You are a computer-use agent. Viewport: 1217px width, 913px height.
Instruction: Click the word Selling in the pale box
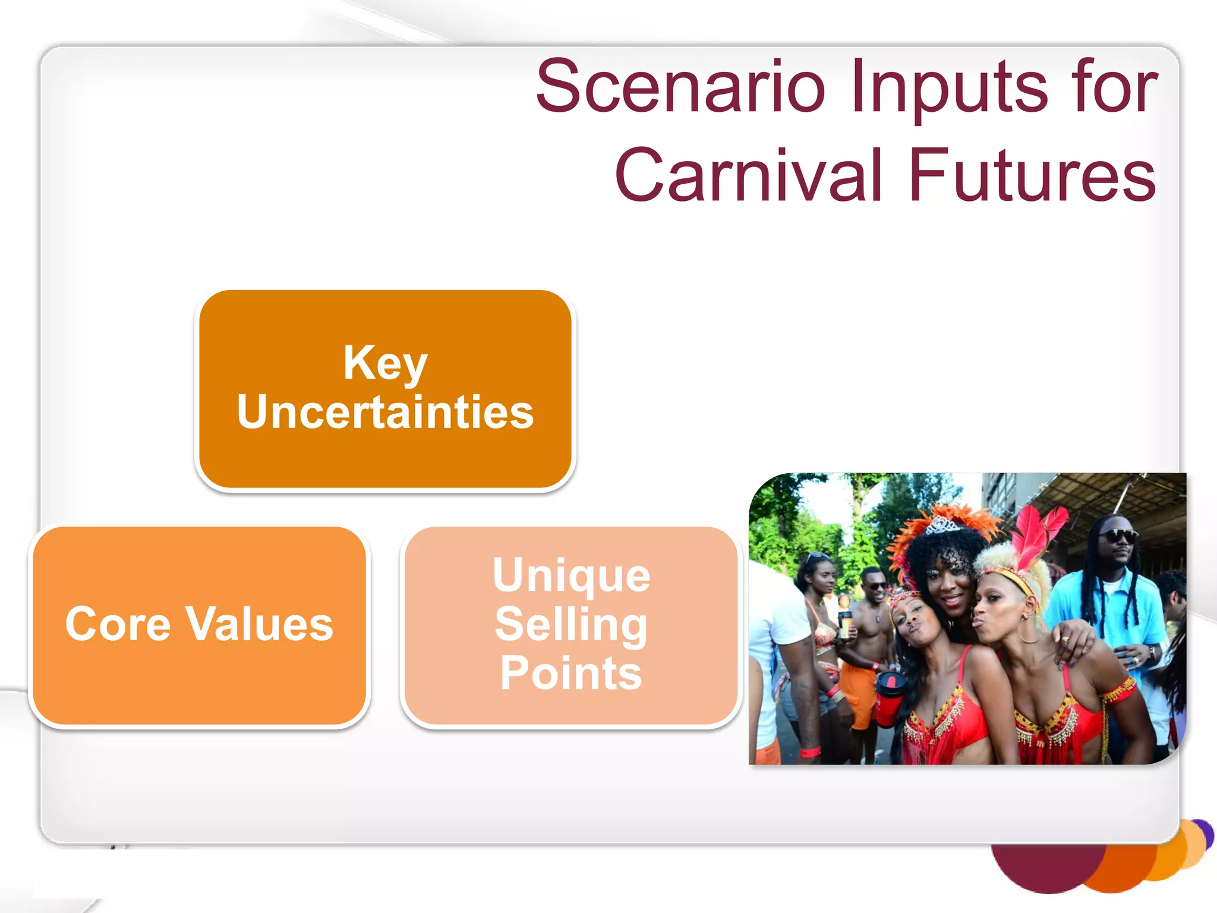click(570, 624)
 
